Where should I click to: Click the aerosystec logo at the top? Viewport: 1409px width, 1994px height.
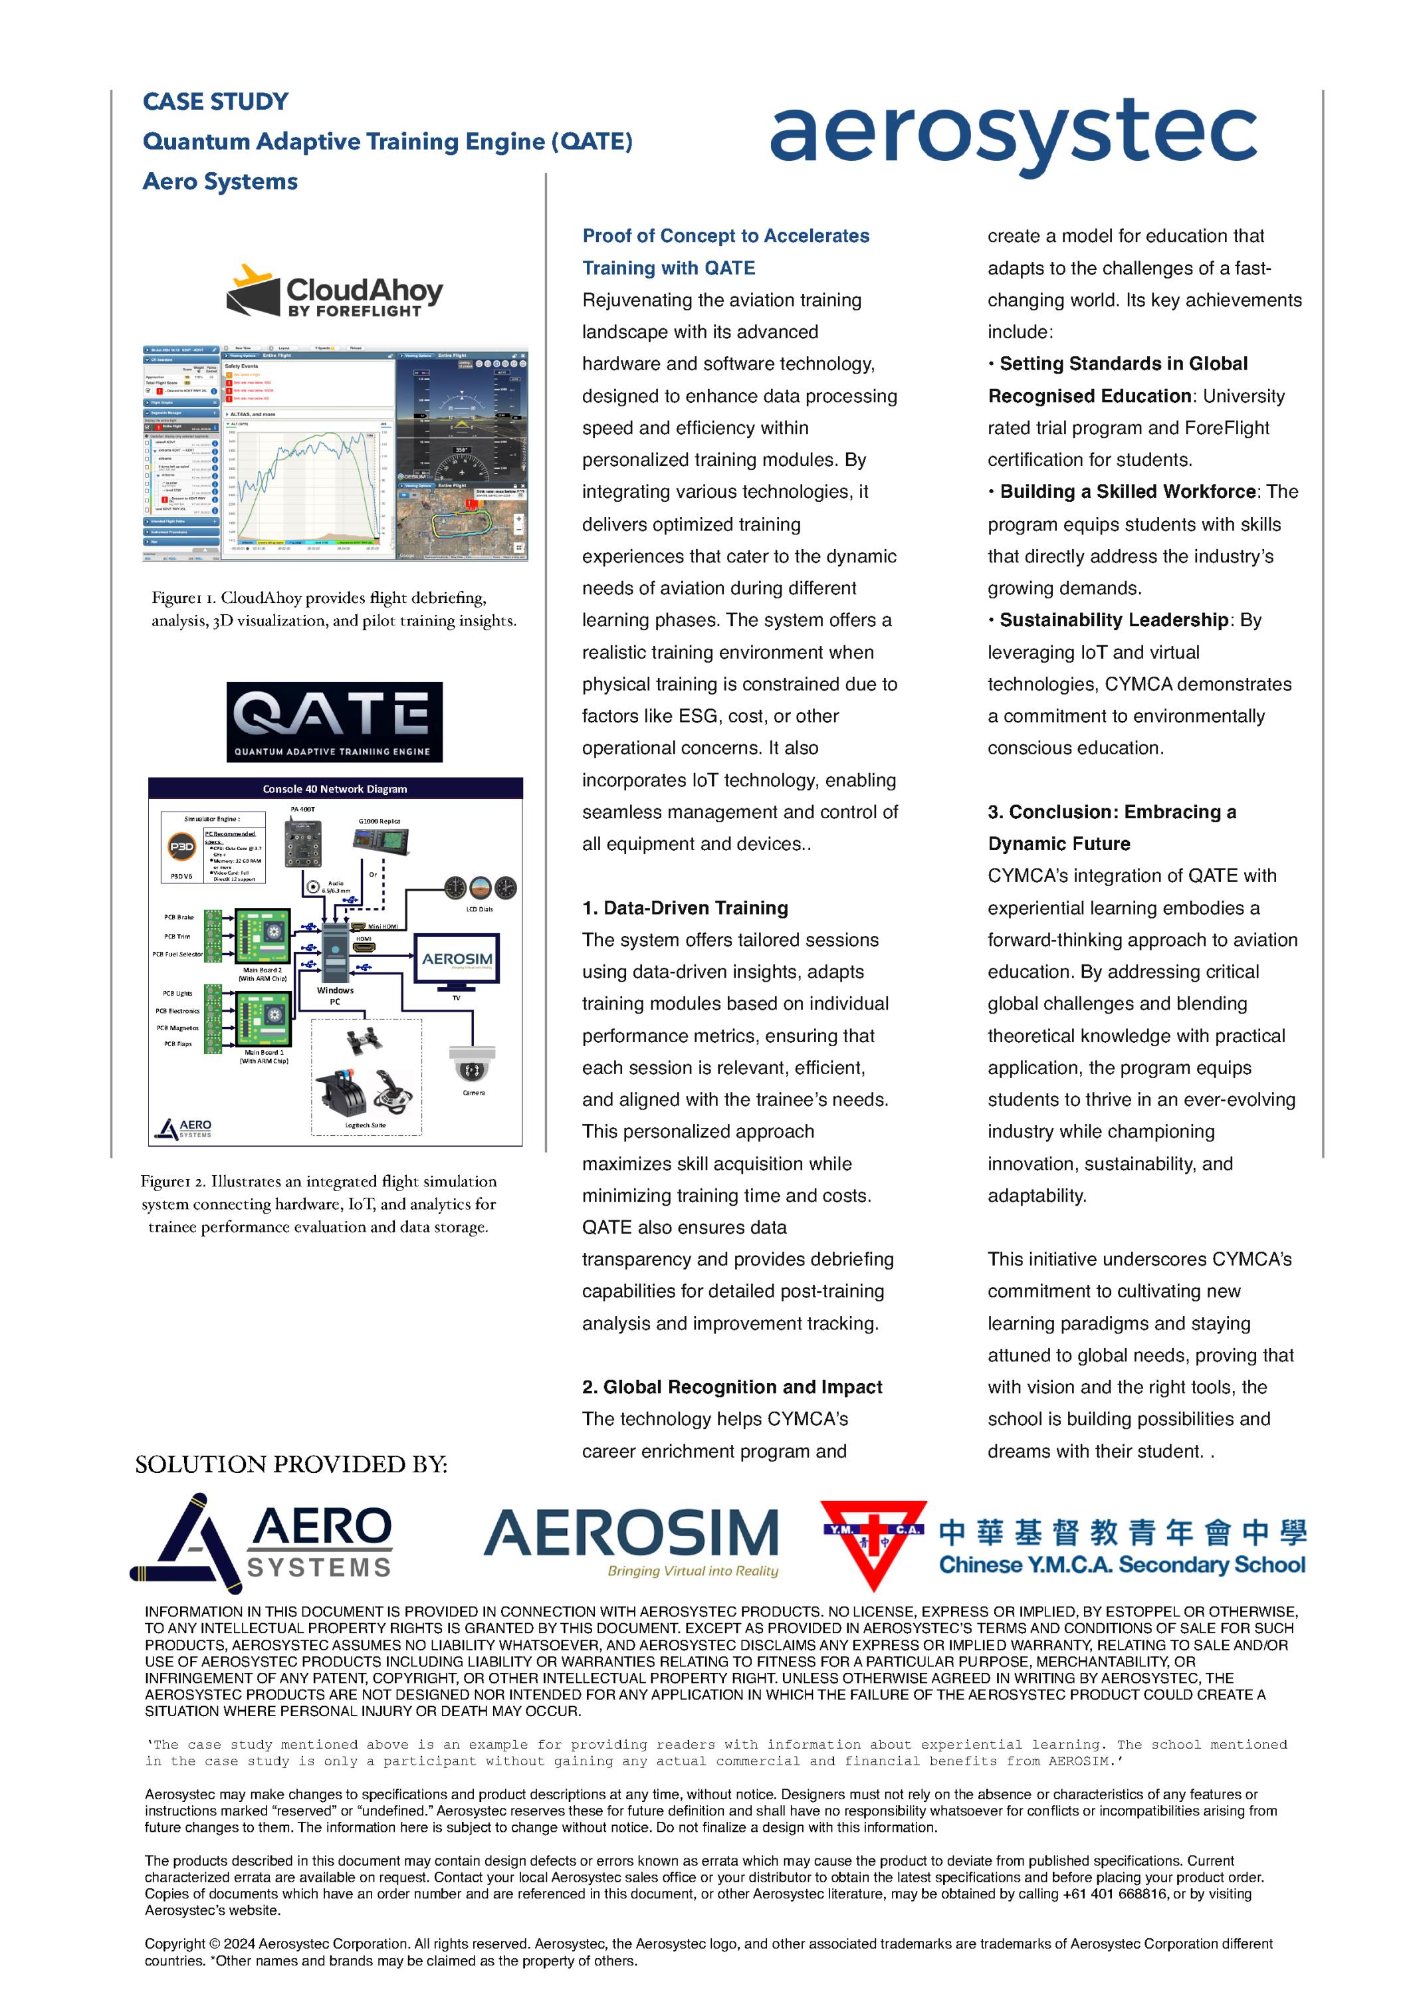click(x=1012, y=135)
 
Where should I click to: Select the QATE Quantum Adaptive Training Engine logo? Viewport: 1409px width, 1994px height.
click(x=334, y=722)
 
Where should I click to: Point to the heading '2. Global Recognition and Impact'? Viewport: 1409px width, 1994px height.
click(x=732, y=1387)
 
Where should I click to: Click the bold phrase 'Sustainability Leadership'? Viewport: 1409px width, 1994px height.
click(x=1114, y=620)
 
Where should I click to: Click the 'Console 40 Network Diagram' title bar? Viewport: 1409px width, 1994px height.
click(x=335, y=788)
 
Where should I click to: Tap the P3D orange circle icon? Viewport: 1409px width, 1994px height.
click(x=181, y=846)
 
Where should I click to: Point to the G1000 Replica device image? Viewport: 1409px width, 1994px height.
click(x=380, y=841)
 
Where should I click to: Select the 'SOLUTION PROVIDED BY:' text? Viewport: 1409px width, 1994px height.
click(x=291, y=1465)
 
